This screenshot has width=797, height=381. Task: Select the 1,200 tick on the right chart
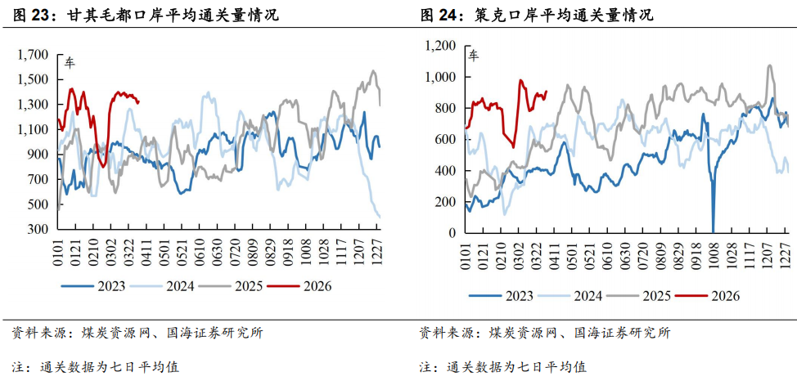click(x=440, y=46)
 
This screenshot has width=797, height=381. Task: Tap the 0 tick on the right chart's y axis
click(x=453, y=233)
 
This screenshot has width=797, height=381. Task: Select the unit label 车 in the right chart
click(x=474, y=56)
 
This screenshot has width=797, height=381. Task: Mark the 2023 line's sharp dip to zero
click(x=713, y=231)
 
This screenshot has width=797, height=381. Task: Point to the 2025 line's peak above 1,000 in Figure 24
click(x=769, y=66)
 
